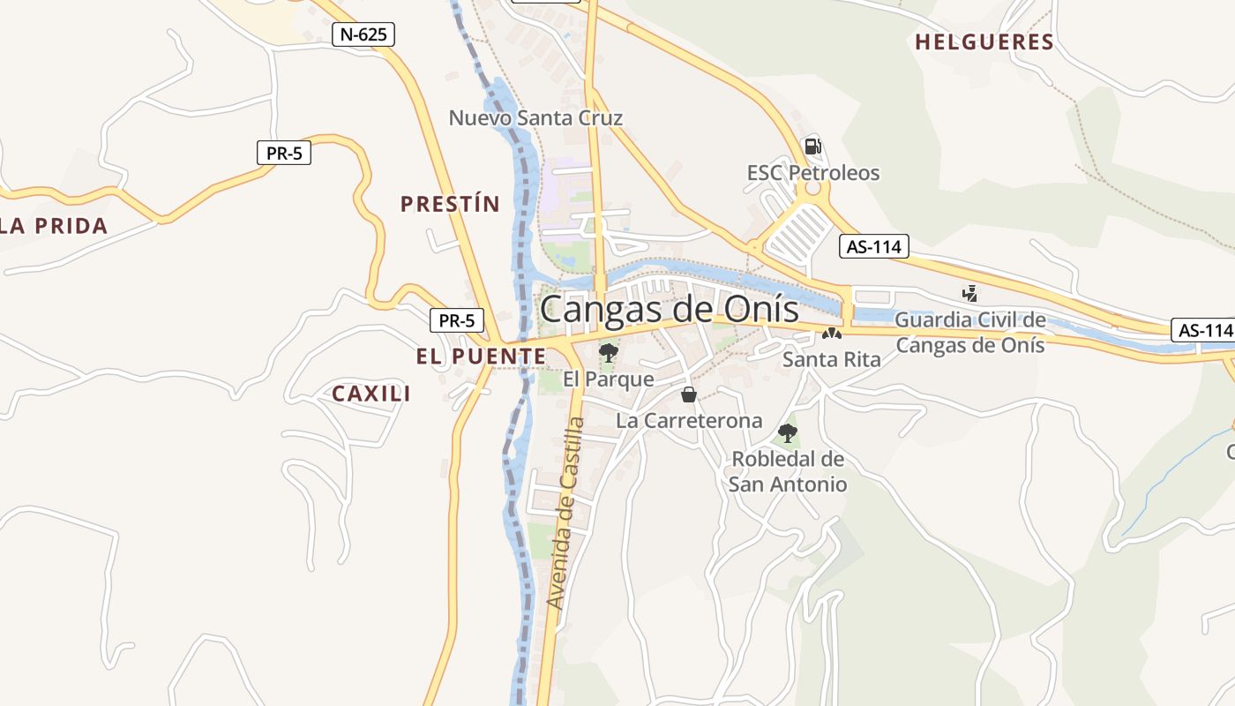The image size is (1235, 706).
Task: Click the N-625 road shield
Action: point(363,34)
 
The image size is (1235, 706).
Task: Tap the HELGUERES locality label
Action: point(984,41)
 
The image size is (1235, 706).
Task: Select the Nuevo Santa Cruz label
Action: point(535,118)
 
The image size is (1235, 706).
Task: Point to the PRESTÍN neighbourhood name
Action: point(450,204)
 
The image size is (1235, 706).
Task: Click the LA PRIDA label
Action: point(53,225)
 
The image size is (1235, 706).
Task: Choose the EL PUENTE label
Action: point(481,356)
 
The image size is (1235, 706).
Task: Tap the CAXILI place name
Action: point(371,394)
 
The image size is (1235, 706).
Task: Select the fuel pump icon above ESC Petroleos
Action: point(812,146)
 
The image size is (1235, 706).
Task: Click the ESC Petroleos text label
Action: point(813,172)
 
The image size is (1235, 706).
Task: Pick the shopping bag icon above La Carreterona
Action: point(689,394)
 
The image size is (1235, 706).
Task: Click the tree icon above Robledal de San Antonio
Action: point(788,433)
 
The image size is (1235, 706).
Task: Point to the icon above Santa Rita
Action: point(831,334)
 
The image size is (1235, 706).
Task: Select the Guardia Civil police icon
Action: point(970,293)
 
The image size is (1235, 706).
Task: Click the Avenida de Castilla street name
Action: point(565,513)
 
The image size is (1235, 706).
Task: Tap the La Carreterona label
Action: point(689,420)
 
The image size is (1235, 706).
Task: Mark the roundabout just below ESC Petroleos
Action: point(812,191)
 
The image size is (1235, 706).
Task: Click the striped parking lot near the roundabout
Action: point(797,231)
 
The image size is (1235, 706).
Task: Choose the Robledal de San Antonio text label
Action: point(788,471)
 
